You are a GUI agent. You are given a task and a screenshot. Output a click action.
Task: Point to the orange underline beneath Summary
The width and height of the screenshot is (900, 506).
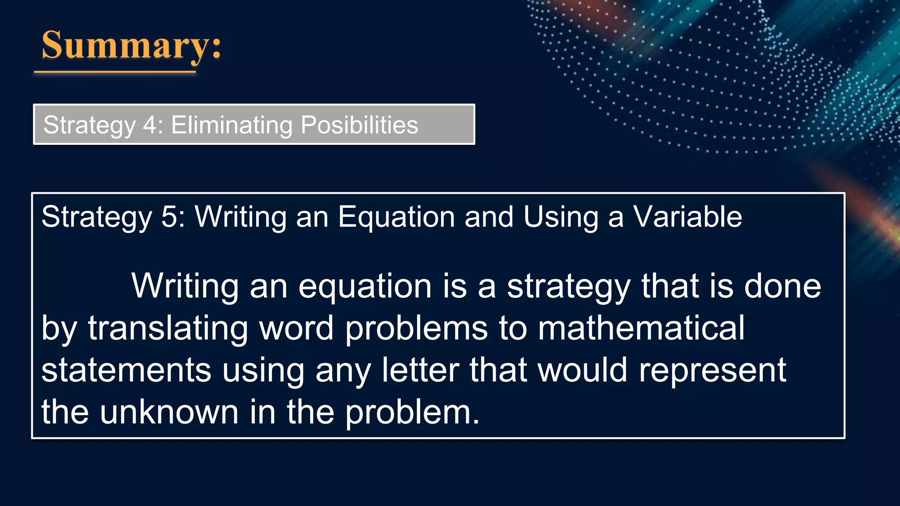[x=115, y=71]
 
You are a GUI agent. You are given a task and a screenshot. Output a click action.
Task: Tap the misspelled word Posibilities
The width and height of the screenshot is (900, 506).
[x=359, y=125]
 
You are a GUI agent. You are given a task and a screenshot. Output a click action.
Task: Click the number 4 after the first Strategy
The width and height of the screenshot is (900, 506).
[x=150, y=125]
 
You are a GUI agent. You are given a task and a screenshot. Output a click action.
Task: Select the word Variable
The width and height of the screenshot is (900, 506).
[x=687, y=217]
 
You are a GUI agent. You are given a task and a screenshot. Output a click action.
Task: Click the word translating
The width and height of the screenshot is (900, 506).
[x=168, y=328]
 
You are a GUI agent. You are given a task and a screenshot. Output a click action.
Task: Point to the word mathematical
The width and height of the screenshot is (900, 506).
[x=641, y=328]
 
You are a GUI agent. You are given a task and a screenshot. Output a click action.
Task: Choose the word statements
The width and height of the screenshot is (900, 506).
[x=127, y=370]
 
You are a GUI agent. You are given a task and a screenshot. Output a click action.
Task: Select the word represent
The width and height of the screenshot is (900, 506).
[x=712, y=370]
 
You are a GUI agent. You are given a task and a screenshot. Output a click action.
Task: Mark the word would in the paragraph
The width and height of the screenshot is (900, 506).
[x=583, y=370]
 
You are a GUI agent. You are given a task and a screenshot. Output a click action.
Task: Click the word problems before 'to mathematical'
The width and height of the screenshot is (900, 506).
[x=416, y=328]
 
